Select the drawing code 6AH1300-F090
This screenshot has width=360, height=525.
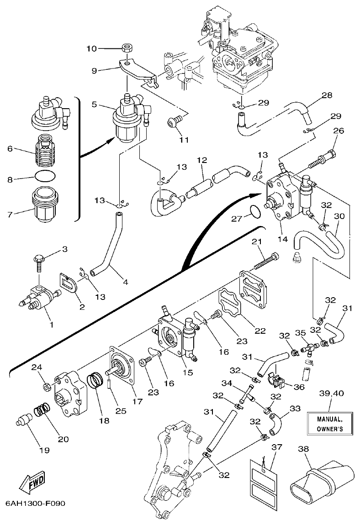point(36,504)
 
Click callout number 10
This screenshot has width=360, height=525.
point(92,48)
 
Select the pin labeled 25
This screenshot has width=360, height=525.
point(110,392)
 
